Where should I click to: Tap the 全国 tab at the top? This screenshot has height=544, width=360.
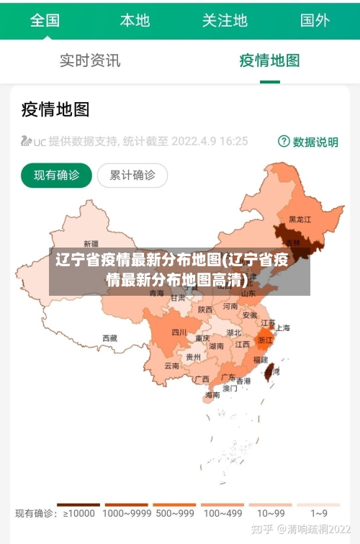(x=45, y=20)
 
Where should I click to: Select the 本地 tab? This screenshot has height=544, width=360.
(x=135, y=20)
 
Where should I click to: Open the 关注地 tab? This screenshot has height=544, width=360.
(x=225, y=20)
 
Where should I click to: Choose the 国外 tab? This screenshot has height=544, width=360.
(x=315, y=20)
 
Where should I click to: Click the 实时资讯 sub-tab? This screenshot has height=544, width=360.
(x=90, y=60)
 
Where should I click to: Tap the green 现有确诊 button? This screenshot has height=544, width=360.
(x=56, y=175)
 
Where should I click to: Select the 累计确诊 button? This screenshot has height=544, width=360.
(x=132, y=175)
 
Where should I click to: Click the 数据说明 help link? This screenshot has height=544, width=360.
(x=308, y=142)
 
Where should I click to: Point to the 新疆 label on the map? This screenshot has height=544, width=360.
(x=91, y=243)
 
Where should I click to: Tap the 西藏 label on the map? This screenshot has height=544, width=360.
(x=109, y=337)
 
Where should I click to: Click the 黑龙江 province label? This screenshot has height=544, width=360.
(x=300, y=219)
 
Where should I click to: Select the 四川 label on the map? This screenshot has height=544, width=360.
(x=179, y=332)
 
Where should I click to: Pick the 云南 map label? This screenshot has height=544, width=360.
(x=171, y=366)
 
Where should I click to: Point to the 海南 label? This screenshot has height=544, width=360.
(x=212, y=395)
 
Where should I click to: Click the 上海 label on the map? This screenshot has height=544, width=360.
(x=283, y=327)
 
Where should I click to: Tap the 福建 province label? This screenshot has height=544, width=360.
(x=260, y=359)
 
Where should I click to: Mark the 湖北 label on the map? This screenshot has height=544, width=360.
(x=234, y=332)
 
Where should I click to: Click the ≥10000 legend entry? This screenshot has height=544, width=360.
(x=78, y=513)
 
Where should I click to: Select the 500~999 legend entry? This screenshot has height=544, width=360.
(x=174, y=513)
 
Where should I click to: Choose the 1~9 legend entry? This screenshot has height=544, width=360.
(x=318, y=513)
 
